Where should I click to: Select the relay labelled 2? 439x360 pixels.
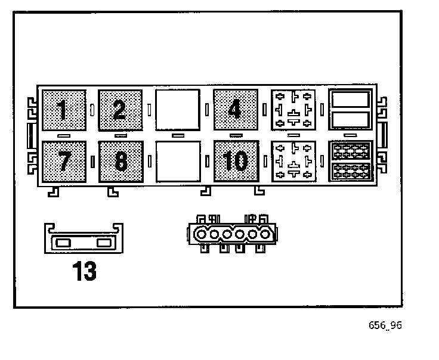120,110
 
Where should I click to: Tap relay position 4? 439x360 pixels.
236,110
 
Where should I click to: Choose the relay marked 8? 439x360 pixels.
120,161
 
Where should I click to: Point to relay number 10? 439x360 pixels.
236,161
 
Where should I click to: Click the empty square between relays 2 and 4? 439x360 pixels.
177,110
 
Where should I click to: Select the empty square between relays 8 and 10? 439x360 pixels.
177,161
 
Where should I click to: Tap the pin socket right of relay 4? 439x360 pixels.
292,110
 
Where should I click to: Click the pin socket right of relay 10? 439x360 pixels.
292,161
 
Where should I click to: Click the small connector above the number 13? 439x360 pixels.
84,241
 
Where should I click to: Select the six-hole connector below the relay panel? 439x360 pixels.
231,234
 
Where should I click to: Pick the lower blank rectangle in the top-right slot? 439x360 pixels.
351,120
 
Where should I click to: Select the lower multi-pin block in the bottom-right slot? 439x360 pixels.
351,171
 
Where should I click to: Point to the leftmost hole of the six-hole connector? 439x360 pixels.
202,235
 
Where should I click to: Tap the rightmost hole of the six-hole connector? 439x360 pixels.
262,235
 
